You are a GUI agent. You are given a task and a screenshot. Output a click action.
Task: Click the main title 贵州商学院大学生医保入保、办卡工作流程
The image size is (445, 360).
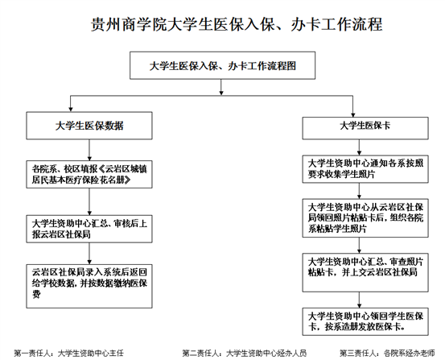pyautogui.click(x=237, y=24)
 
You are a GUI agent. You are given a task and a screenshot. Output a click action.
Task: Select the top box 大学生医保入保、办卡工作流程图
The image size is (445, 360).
pyautogui.click(x=222, y=65)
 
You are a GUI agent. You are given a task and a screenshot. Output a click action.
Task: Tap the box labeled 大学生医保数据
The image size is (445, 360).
pyautogui.click(x=89, y=126)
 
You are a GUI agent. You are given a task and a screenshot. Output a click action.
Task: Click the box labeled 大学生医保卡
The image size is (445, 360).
pyautogui.click(x=365, y=128)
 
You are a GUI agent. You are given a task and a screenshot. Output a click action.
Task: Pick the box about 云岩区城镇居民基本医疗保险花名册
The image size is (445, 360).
pyautogui.click(x=89, y=175)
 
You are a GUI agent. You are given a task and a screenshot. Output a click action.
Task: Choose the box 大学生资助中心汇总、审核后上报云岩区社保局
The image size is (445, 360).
pyautogui.click(x=89, y=229)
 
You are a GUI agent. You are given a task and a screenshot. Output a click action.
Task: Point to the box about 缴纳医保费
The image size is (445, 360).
pyautogui.click(x=89, y=286)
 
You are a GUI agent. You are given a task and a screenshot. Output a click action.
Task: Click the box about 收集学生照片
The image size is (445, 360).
pyautogui.click(x=365, y=169)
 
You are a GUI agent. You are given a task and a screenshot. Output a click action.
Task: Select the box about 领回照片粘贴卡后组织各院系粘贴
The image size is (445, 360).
pyautogui.click(x=365, y=218)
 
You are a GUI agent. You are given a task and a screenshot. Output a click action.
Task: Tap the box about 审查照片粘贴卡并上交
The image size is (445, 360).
pyautogui.click(x=365, y=272)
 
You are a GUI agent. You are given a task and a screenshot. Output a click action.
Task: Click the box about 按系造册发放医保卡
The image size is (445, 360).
pyautogui.click(x=365, y=321)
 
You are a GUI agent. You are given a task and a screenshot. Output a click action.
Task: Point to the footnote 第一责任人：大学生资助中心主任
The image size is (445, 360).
pyautogui.click(x=69, y=354)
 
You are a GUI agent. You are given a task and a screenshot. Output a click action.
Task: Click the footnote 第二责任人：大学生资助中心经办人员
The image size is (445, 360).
pyautogui.click(x=245, y=354)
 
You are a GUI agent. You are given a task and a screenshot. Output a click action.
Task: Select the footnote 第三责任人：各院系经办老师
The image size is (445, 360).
pyautogui.click(x=387, y=354)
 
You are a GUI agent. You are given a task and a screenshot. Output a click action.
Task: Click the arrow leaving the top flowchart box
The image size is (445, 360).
pyautogui.click(x=221, y=87)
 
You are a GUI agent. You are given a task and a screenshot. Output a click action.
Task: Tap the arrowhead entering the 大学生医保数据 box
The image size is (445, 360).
pyautogui.click(x=71, y=109)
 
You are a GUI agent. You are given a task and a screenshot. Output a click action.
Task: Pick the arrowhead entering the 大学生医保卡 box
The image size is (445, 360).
pyautogui.click(x=352, y=114)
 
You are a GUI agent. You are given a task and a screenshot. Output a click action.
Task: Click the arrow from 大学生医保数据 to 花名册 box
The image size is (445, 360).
pyautogui.click(x=89, y=150)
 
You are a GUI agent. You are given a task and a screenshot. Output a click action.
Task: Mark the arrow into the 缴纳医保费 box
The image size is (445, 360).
pyautogui.click(x=89, y=254)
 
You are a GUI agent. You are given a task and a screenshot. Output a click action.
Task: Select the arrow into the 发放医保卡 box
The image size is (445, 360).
pyautogui.click(x=359, y=300)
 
